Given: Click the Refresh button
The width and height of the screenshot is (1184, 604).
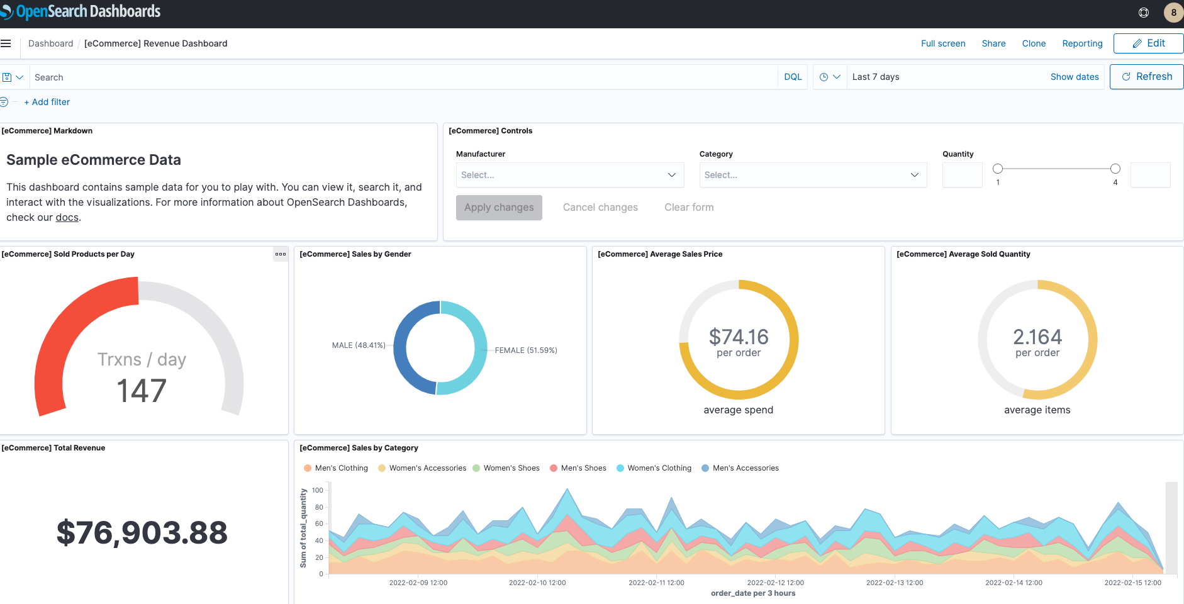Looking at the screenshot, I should [1146, 77].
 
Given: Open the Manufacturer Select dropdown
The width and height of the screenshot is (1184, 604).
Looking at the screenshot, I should [569, 175].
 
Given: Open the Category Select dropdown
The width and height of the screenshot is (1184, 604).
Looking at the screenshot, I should [812, 175].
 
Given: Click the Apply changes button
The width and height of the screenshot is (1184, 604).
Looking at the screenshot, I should [499, 208].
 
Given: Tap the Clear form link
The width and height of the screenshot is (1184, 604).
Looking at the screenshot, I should [689, 208].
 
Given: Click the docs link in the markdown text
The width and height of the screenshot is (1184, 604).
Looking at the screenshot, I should [67, 218].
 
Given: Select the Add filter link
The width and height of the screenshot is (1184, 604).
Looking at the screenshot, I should [47, 102].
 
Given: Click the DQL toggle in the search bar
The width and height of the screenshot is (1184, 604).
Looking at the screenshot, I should [793, 77].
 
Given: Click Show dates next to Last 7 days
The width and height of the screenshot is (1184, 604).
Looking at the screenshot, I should [1074, 77].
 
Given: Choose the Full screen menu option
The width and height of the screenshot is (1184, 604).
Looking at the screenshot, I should [942, 43].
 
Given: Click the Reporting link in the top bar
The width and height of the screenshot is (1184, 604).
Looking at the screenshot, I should [1082, 43].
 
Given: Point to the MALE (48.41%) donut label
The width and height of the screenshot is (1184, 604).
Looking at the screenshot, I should [359, 345].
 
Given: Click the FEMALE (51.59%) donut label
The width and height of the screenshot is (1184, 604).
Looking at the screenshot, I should [526, 350].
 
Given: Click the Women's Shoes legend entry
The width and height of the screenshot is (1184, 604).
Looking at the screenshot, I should [511, 468].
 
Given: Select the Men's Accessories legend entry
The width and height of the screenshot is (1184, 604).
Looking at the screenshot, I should [745, 468].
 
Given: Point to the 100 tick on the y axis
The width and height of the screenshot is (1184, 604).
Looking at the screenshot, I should [318, 491].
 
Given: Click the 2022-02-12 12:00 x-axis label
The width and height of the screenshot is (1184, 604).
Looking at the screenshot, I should [775, 583].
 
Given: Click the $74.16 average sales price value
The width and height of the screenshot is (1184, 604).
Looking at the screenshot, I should [739, 337].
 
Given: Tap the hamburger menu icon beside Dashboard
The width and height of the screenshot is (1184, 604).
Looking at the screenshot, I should [6, 43].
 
